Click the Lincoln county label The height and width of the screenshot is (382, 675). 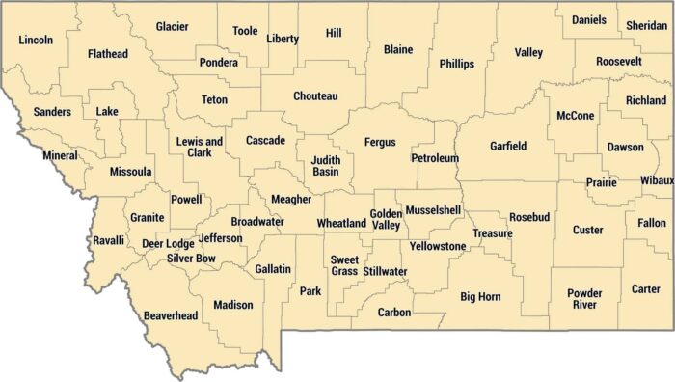tap(36, 41)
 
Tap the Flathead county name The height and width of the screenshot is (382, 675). tap(107, 54)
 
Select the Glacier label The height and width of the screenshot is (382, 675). tap(172, 27)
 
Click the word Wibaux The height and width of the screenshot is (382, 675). tap(656, 180)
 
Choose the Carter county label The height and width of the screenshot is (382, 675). tap(645, 289)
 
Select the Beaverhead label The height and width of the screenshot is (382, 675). tap(170, 315)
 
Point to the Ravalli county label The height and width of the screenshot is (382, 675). tap(108, 240)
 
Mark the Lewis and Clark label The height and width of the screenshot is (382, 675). tap(200, 147)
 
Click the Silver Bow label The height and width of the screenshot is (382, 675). tap(191, 259)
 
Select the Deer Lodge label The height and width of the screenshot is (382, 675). tap(168, 244)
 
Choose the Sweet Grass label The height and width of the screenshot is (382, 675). tap(344, 265)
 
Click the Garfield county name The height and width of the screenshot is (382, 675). tap(507, 147)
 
